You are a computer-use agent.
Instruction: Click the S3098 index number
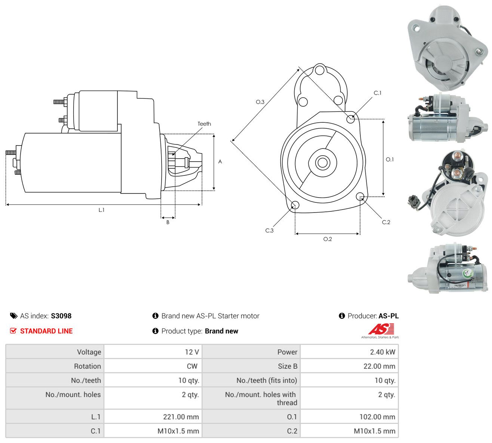coord(61,316)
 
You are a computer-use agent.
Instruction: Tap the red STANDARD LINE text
coord(46,331)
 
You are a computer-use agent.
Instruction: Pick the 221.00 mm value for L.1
coord(181,417)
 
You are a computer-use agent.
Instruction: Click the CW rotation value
coord(192,366)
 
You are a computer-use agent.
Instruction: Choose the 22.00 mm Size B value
coord(379,366)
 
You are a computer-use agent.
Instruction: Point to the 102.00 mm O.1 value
coord(377,417)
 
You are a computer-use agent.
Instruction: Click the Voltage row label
coord(89,352)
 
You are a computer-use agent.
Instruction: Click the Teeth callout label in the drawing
coord(204,124)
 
